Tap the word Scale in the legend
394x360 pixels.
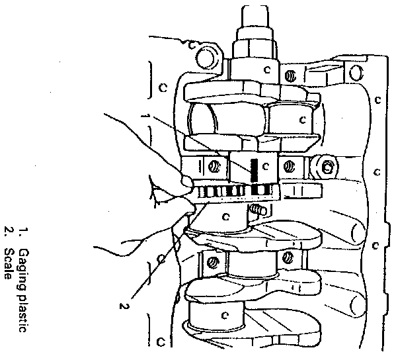point(9,264)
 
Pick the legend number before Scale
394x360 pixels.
point(8,231)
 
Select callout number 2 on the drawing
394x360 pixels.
point(124,306)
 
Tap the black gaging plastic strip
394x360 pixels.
point(254,170)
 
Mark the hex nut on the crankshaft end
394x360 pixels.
point(255,50)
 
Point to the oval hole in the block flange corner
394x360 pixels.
point(356,72)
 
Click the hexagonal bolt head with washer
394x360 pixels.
point(326,167)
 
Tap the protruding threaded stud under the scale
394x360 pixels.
point(258,209)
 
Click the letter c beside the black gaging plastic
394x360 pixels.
point(266,166)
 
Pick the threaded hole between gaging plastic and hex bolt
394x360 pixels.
point(289,166)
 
